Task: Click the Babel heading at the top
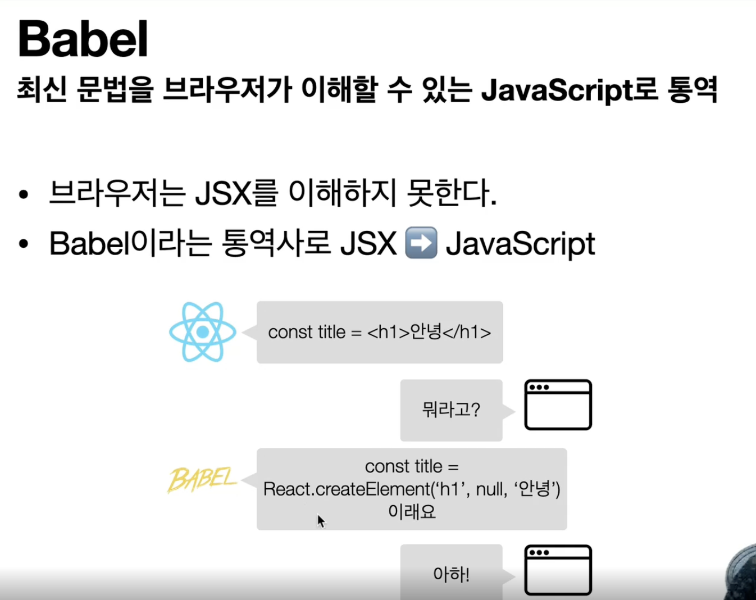coord(83,39)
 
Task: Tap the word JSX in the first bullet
coord(224,193)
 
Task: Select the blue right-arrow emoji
coord(421,243)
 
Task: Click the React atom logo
coord(203,332)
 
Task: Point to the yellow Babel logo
coord(202,480)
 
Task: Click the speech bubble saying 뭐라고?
coord(451,410)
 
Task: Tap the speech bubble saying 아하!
coord(451,574)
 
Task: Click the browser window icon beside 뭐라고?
coord(558,405)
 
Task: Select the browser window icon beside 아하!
coord(558,570)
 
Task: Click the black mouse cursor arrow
coord(321,521)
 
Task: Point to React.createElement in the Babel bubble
coord(346,489)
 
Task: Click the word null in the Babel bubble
coord(489,489)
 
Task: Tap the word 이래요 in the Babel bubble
coord(412,512)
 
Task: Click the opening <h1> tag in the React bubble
coord(388,332)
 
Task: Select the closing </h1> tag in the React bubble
coord(467,332)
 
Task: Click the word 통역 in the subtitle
coord(693,90)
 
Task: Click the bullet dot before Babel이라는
coord(23,244)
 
